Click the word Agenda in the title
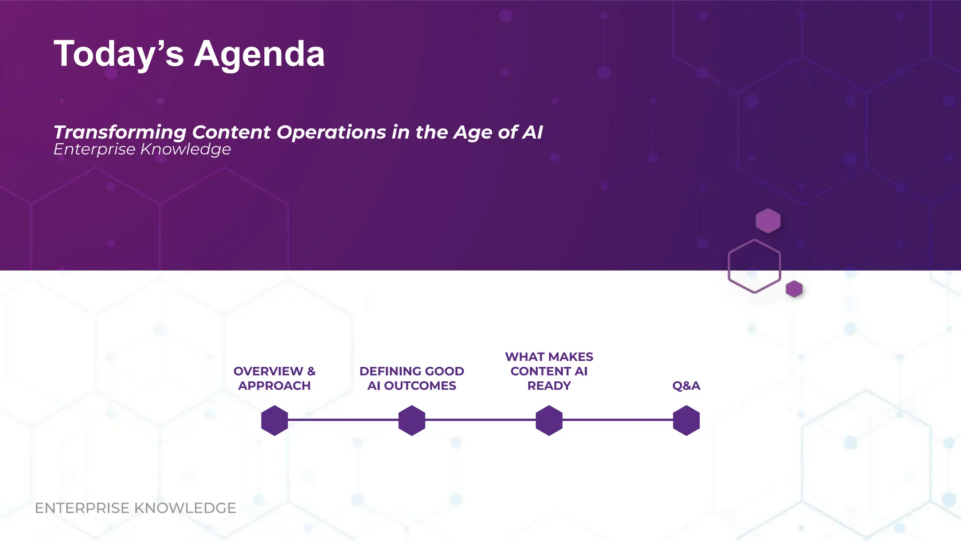pyautogui.click(x=259, y=54)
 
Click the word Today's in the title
pyautogui.click(x=119, y=54)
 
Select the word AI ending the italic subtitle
pyautogui.click(x=533, y=132)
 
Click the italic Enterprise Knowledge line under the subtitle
pyautogui.click(x=142, y=149)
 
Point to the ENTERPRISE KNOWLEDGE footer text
pyautogui.click(x=135, y=508)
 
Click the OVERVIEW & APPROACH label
pyautogui.click(x=275, y=378)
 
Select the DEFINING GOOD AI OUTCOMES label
pyautogui.click(x=412, y=378)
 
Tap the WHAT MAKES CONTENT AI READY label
pyautogui.click(x=549, y=371)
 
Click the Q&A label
pyautogui.click(x=686, y=386)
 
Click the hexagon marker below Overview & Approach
pyautogui.click(x=275, y=420)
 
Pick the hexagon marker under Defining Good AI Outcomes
pyautogui.click(x=412, y=420)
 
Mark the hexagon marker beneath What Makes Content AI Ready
pyautogui.click(x=549, y=420)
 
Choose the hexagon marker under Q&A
pyautogui.click(x=686, y=420)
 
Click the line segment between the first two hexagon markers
pyautogui.click(x=343, y=420)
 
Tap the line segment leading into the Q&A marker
pyautogui.click(x=618, y=420)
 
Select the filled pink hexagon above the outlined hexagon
pyautogui.click(x=768, y=221)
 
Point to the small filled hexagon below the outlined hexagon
pyautogui.click(x=794, y=289)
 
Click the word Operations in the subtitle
pyautogui.click(x=331, y=132)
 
